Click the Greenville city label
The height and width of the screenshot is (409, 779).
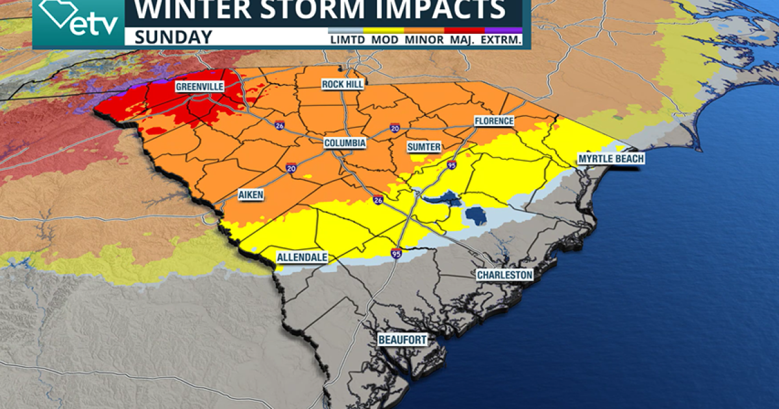(x=199, y=86)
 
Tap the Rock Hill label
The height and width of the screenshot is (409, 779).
(x=343, y=84)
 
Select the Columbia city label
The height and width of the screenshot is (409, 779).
(x=345, y=143)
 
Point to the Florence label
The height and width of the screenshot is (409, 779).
(x=493, y=121)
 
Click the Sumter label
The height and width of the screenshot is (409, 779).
(x=425, y=147)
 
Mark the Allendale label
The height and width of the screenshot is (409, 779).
(x=302, y=258)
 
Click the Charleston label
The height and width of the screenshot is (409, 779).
(x=504, y=275)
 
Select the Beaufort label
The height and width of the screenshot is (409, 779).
(x=403, y=340)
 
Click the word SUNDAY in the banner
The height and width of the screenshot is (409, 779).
(x=173, y=37)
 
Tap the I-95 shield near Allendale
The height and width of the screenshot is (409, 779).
(x=396, y=253)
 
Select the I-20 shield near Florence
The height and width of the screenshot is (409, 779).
(x=394, y=129)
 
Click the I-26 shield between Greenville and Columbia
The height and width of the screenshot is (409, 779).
(x=278, y=124)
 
